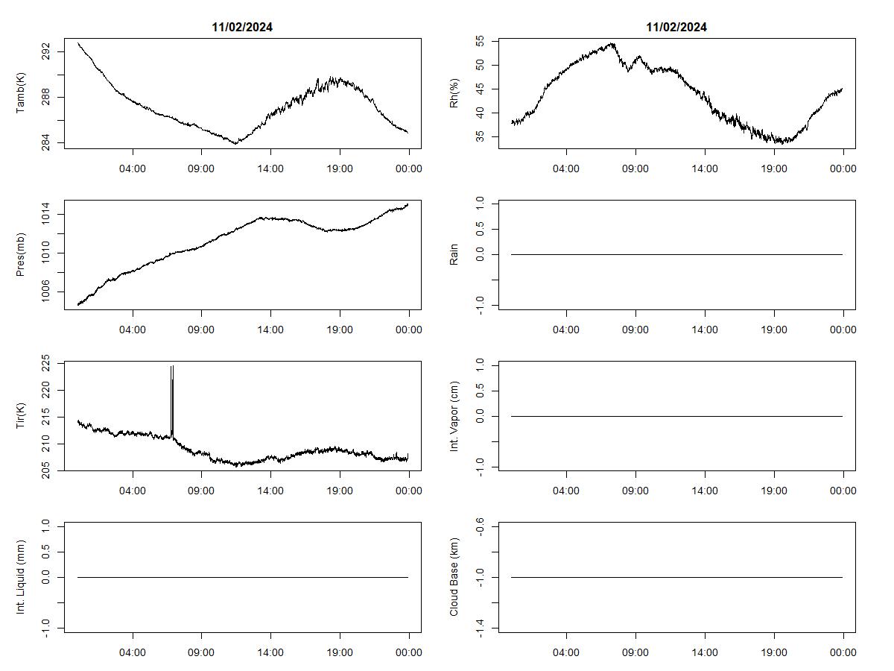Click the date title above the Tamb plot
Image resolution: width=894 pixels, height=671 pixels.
[242, 27]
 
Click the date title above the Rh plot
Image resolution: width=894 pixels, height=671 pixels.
[676, 27]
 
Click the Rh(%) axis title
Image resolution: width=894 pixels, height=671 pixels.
[454, 94]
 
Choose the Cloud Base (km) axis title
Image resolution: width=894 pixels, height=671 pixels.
[454, 577]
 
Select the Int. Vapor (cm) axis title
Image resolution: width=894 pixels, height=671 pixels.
[454, 416]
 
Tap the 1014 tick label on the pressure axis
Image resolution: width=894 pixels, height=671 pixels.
[47, 215]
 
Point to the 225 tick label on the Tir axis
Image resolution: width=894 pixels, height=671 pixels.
[47, 364]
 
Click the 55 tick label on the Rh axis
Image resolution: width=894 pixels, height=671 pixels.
[481, 42]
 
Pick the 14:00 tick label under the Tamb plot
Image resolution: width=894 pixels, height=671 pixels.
[270, 168]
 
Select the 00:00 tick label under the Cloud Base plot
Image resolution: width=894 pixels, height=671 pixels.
[843, 652]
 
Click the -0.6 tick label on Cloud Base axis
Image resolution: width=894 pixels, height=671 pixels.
[481, 528]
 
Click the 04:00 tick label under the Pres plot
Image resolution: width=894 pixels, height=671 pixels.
[133, 330]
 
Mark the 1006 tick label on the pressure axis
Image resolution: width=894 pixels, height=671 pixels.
[47, 293]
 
